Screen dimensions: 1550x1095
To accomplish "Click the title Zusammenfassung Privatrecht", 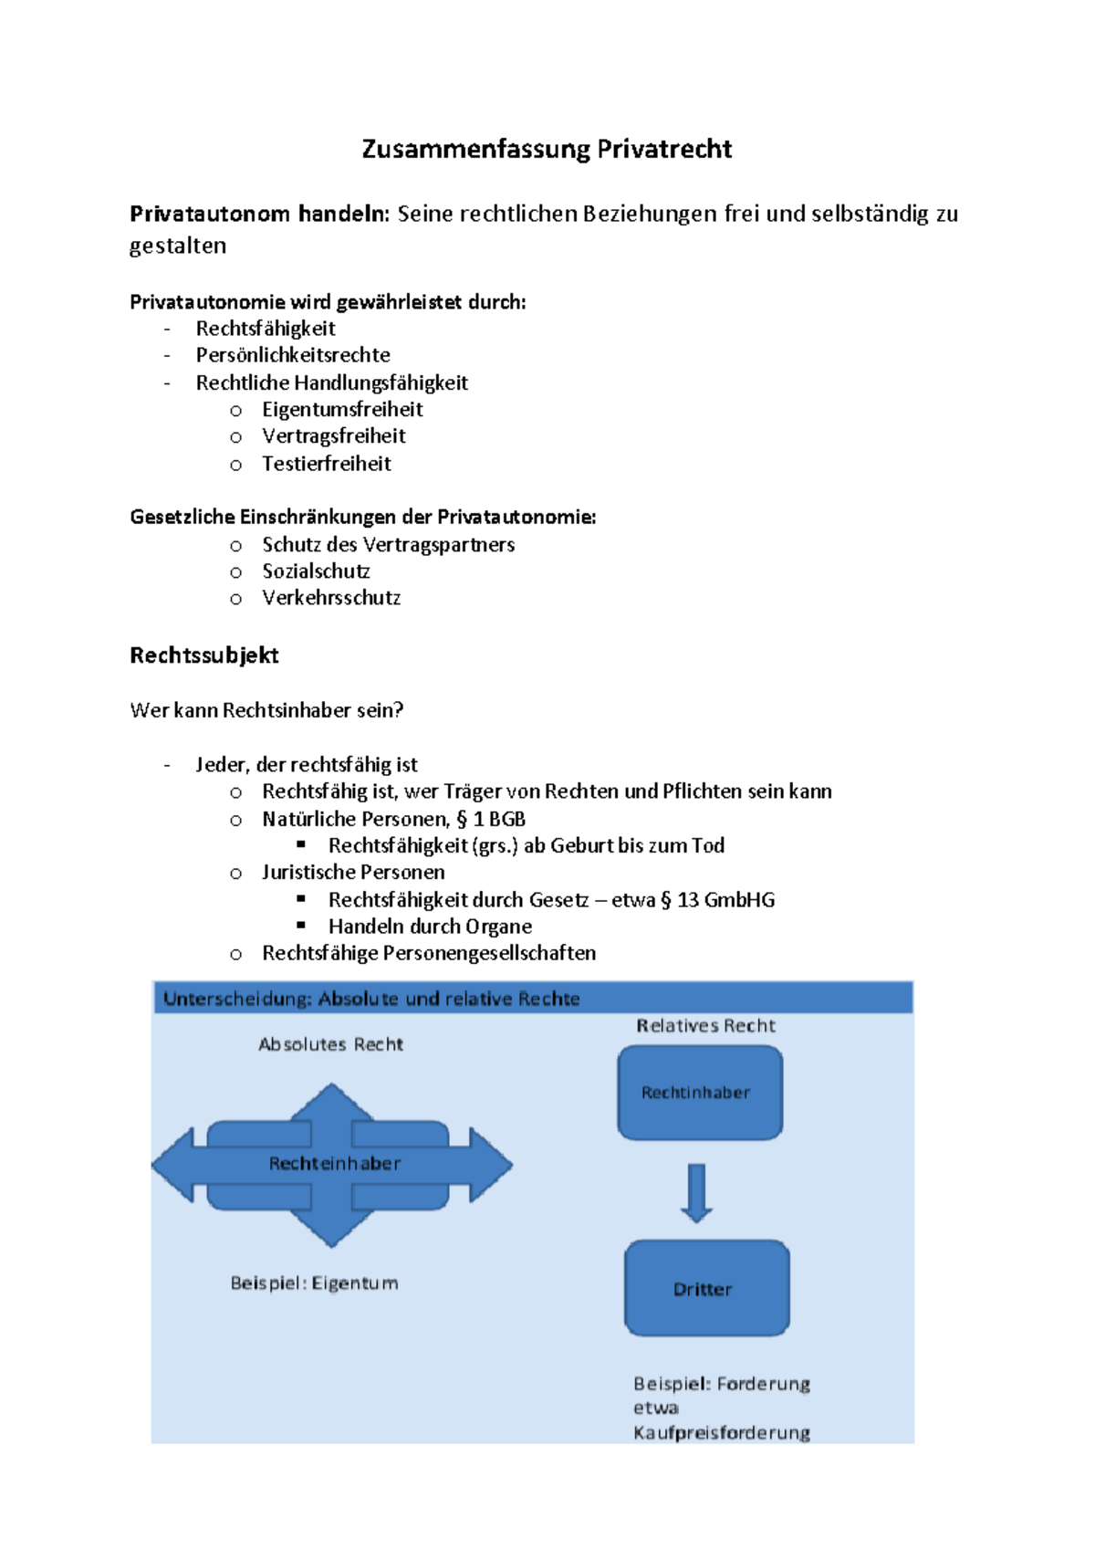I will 547,149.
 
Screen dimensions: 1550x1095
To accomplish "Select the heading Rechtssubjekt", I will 204,655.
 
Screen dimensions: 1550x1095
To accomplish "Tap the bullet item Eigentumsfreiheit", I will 342,410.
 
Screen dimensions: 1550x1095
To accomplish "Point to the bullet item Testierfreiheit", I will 326,464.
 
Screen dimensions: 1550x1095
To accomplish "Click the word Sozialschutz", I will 316,571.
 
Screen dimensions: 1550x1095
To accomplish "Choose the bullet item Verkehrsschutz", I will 331,598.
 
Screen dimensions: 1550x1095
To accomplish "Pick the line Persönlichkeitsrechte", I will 293,355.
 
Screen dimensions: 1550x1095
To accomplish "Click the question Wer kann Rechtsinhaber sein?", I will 266,710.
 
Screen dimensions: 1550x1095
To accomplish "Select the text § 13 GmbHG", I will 717,900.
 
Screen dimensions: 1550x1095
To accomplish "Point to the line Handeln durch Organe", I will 430,927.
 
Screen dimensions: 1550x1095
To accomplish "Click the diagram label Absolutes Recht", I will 330,1044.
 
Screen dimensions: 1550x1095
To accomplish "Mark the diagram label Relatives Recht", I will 705,1026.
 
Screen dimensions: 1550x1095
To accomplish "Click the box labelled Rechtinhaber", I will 700,1093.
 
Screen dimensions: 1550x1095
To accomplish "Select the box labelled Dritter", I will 706,1288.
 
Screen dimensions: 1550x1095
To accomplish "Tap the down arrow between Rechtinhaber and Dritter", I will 696,1192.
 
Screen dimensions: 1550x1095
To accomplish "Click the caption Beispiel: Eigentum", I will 314,1283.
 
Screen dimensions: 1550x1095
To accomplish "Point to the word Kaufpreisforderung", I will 722,1433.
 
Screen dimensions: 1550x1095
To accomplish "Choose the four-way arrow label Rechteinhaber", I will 334,1164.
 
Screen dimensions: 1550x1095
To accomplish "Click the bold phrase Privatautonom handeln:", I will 259,215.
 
